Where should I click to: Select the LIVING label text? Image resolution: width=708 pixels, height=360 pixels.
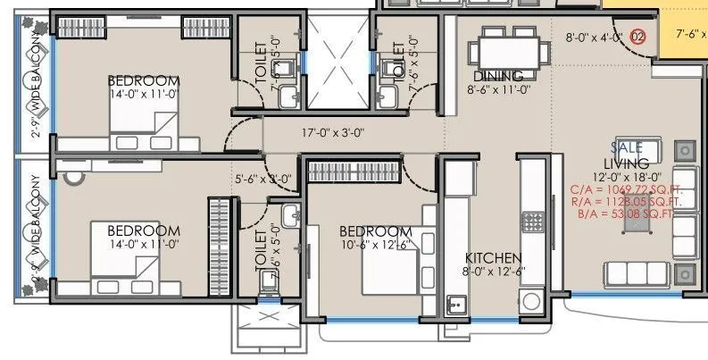pos(626,163)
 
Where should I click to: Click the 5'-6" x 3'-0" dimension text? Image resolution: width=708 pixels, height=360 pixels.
pos(262,179)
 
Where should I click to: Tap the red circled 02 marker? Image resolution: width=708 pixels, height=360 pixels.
pos(637,37)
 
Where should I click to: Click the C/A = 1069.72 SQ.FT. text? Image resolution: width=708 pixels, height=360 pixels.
pos(626,190)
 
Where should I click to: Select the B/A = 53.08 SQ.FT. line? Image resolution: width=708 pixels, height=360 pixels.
pos(626,214)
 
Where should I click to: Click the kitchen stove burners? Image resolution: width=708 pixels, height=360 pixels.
pos(533,222)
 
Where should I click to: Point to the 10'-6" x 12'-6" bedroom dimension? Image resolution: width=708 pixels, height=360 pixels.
pos(375,244)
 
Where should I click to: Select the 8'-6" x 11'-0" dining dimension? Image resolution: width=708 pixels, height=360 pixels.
pos(499,89)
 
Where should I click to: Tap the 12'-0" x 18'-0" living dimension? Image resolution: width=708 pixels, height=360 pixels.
pos(626,177)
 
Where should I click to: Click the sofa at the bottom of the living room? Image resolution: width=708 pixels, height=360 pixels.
pos(637,273)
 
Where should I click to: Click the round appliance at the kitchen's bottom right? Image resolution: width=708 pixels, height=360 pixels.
pos(534,300)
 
